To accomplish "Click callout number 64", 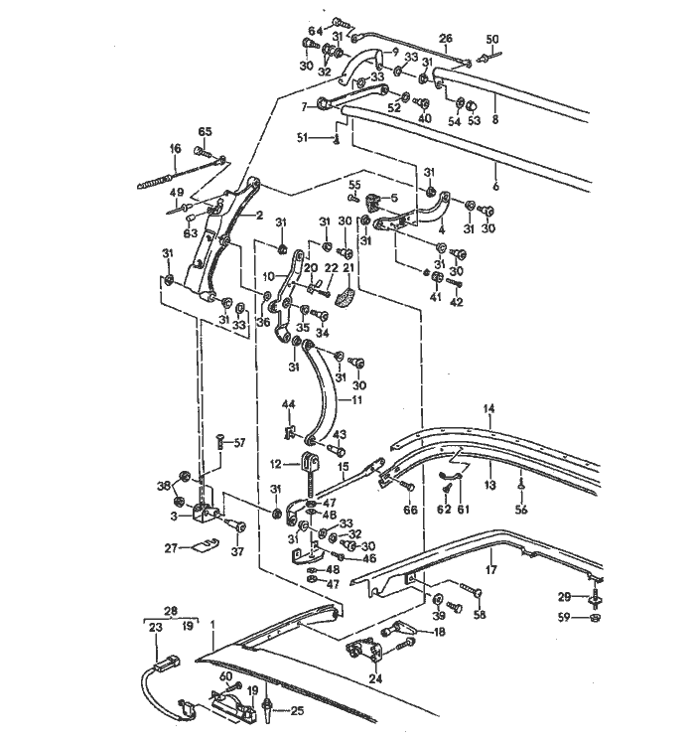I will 314,29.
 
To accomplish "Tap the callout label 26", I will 446,41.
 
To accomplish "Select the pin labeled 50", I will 493,56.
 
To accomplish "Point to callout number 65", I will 206,132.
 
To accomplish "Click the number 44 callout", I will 289,404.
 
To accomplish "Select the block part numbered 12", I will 312,462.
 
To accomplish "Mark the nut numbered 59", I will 594,618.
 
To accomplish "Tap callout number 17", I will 489,570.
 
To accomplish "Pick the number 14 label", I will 488,408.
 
